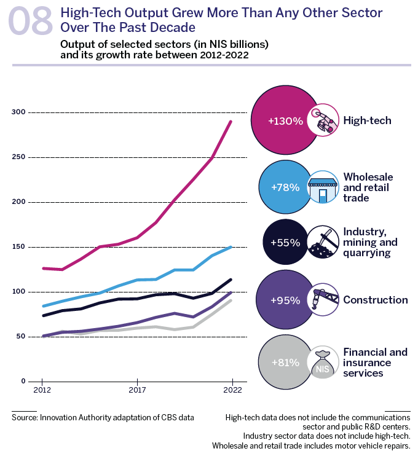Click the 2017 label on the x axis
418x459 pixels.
point(136,390)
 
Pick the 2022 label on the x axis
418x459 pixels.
point(231,390)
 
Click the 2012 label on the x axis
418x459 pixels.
point(41,390)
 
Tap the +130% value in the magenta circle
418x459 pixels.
point(285,121)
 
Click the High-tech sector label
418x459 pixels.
point(367,120)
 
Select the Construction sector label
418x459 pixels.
point(376,300)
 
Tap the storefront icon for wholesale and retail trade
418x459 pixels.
point(323,187)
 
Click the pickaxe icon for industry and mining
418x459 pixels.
point(323,243)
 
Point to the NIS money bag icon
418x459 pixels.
point(323,363)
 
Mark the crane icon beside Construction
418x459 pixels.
point(323,299)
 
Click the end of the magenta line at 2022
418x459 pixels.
point(231,121)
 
